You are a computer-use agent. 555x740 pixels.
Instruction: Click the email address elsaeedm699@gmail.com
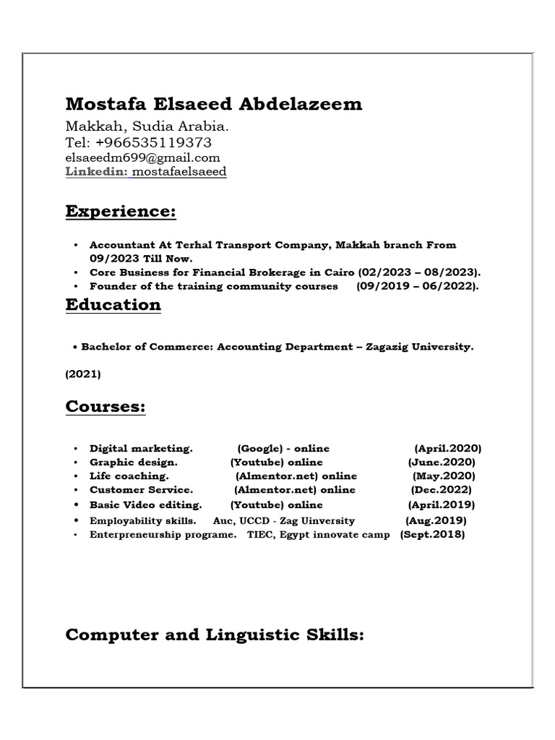[x=142, y=158]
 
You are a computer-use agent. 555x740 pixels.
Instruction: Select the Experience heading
[x=121, y=212]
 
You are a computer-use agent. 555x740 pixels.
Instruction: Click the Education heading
[x=113, y=305]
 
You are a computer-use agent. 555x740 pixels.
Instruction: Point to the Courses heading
[x=106, y=407]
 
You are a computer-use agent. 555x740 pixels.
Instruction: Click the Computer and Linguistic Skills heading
[x=215, y=635]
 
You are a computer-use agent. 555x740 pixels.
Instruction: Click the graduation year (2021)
[x=83, y=374]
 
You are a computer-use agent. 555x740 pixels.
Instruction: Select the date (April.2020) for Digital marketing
[x=448, y=449]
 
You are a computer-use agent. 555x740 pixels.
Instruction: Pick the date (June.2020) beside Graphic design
[x=442, y=462]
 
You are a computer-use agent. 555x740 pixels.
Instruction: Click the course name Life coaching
[x=129, y=476]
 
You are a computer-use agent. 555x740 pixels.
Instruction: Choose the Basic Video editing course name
[x=145, y=504]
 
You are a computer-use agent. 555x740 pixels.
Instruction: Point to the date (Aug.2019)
[x=436, y=520]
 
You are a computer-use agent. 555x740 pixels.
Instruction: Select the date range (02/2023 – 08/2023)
[x=419, y=272]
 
